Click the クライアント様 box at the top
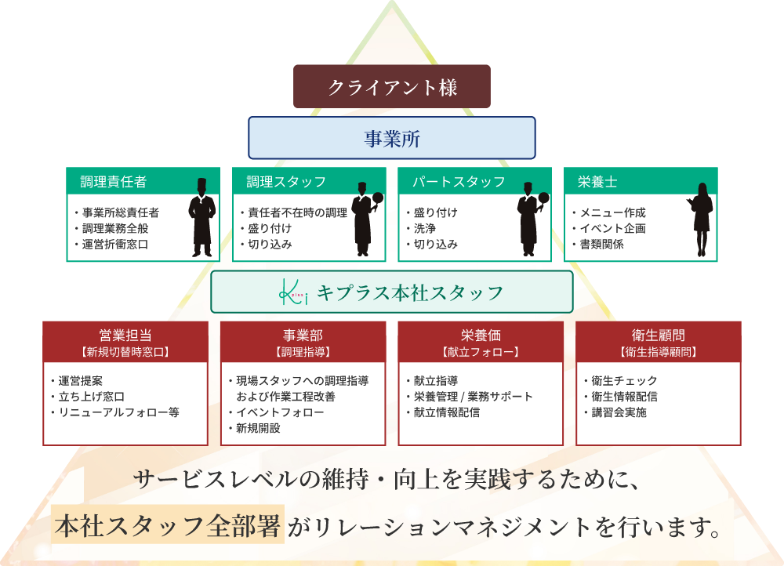click(x=392, y=86)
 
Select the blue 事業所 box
click(x=392, y=139)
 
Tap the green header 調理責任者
click(x=113, y=182)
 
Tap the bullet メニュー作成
click(x=612, y=213)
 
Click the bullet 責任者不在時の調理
click(x=297, y=213)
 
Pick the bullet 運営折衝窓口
click(x=115, y=245)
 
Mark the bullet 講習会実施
click(x=619, y=412)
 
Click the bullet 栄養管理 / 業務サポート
click(x=473, y=397)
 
